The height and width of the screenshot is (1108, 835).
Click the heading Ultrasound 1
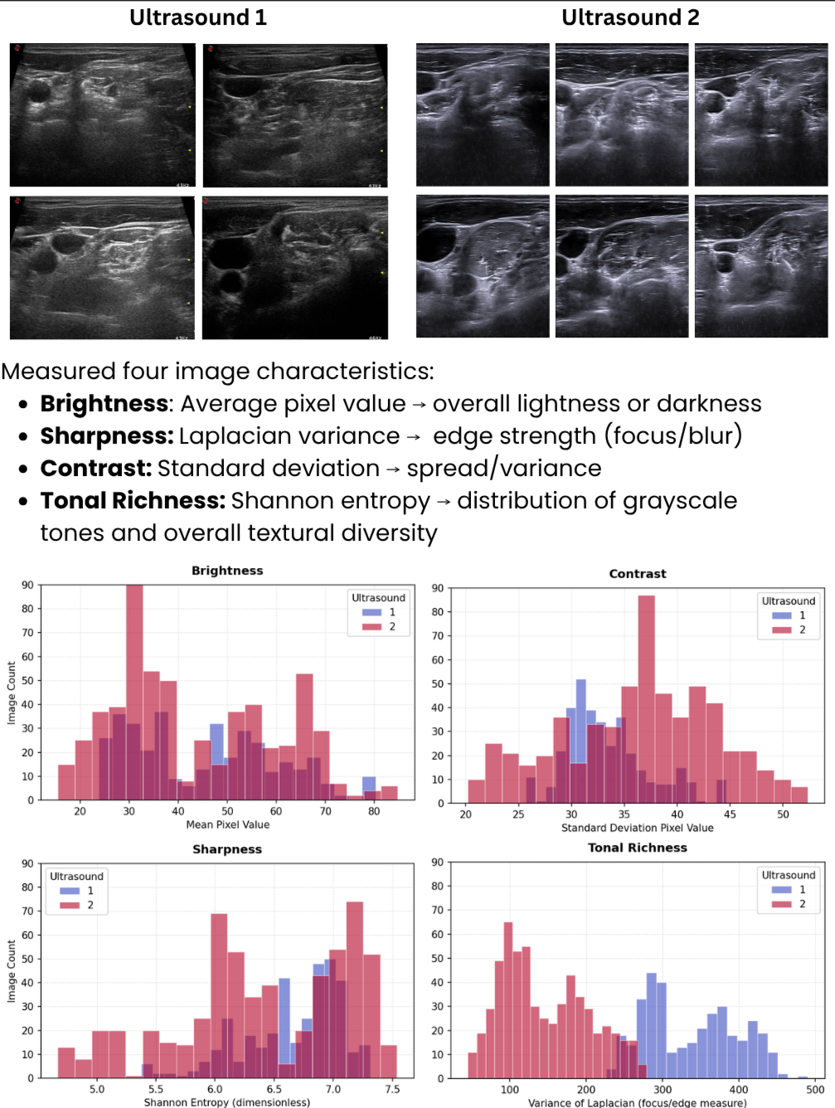point(198,17)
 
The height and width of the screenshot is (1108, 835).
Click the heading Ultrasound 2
point(630,17)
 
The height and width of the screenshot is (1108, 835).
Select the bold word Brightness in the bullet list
point(104,404)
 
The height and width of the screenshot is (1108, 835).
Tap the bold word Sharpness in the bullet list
point(106,436)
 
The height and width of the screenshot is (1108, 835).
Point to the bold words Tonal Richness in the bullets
point(133,501)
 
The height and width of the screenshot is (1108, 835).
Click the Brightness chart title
point(227,571)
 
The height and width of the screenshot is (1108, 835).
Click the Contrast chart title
point(638,574)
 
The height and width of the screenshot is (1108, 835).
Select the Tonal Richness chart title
point(638,848)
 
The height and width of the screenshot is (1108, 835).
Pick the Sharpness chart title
point(227,849)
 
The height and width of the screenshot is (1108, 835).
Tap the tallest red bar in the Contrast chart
point(646,697)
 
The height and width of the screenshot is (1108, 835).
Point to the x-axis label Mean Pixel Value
point(228,824)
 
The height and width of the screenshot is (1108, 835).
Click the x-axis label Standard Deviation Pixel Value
point(638,828)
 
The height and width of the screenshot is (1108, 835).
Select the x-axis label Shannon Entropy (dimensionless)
point(227,1102)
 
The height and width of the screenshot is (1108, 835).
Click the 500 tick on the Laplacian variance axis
point(815,1090)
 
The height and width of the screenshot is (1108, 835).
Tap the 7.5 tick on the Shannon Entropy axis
point(392,1089)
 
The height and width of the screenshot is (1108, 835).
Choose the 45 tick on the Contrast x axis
point(730,814)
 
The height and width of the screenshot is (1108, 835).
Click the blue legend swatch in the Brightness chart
point(371,613)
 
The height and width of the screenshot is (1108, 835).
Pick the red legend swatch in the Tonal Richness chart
point(782,904)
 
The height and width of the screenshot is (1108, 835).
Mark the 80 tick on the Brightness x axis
point(374,811)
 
